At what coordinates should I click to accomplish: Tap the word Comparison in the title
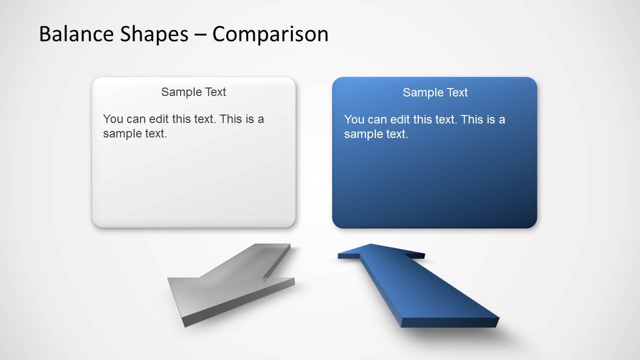270,34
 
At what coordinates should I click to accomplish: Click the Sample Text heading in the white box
194,92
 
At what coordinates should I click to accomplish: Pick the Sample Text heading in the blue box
435,92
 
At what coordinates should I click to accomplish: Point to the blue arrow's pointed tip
370,245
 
